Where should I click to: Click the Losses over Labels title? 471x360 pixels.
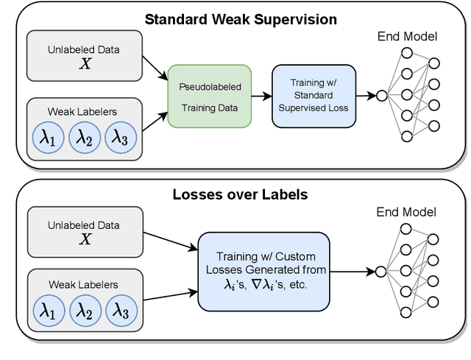240,195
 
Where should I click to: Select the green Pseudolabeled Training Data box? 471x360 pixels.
209,96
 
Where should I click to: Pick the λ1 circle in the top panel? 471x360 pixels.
49,137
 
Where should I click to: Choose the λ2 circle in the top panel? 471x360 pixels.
85,137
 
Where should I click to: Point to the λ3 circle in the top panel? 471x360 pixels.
121,137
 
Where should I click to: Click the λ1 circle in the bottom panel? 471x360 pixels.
49,312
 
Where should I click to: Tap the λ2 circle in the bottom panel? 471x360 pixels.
85,312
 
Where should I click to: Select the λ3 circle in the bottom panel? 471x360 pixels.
121,312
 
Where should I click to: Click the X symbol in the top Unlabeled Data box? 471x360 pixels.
85,63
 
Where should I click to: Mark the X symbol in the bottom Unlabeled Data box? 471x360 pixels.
85,239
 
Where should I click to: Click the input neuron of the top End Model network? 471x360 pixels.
380,95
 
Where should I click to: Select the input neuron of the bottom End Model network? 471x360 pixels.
380,271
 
